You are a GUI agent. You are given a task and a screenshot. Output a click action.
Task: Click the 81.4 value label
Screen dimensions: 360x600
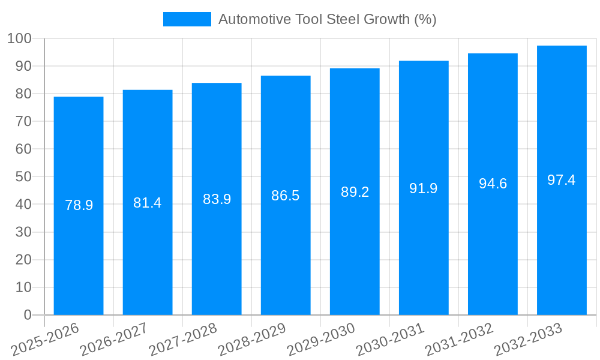[148, 203]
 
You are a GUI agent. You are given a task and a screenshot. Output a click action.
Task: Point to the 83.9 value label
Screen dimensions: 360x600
[217, 199]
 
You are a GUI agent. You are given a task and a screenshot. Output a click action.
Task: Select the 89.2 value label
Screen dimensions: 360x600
[355, 192]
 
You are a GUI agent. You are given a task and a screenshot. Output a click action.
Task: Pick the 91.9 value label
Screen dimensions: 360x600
[424, 188]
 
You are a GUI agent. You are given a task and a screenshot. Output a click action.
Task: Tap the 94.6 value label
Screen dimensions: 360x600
[493, 184]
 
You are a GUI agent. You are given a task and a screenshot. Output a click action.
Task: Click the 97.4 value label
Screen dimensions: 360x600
[562, 180]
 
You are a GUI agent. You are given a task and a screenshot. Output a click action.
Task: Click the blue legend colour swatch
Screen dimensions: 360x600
[187, 19]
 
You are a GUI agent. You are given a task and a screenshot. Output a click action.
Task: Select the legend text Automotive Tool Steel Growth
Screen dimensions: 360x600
[327, 19]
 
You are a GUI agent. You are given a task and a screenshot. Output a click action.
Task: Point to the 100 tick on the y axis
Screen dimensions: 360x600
[19, 38]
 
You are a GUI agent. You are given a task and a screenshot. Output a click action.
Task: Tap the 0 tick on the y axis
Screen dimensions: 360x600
[27, 315]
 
